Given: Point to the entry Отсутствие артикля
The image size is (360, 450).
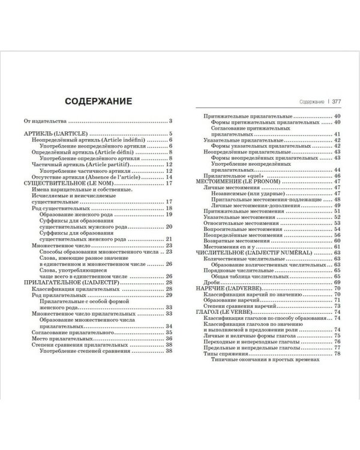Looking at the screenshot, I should [x=73, y=177].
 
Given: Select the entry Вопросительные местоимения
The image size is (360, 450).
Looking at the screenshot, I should [x=242, y=229].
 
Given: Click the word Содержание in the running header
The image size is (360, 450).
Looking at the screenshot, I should [x=310, y=102].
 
